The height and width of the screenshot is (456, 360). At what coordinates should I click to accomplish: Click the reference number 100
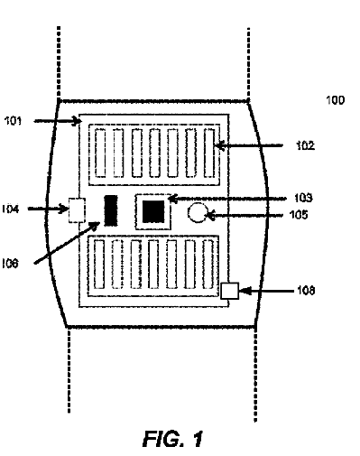(336, 100)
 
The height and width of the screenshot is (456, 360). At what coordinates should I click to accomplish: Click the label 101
(13, 121)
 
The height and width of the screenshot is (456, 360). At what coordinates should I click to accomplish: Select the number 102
(305, 145)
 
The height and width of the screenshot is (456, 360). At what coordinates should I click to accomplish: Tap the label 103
(303, 198)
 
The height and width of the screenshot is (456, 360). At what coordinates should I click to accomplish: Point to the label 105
(299, 215)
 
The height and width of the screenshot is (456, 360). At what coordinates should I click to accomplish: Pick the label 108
(306, 291)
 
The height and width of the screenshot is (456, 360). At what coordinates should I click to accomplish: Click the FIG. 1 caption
(172, 439)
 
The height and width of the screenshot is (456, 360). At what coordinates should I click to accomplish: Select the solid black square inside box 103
(153, 211)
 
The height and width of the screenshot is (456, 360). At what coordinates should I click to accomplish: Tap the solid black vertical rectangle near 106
(111, 210)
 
